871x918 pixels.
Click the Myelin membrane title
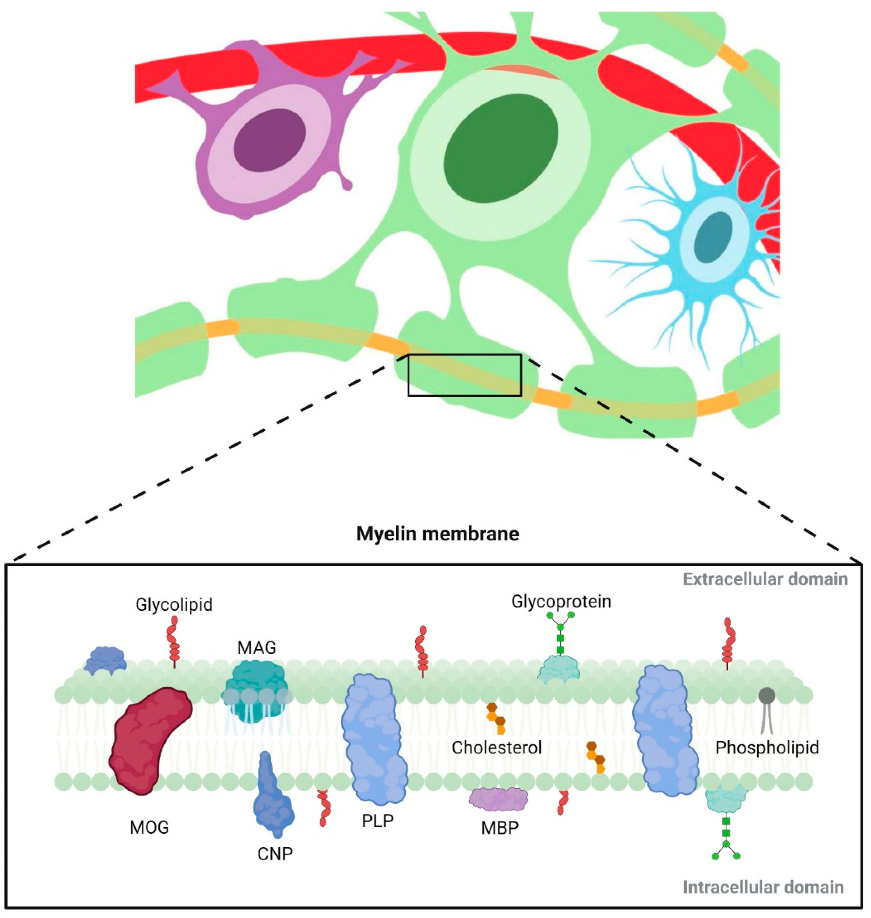point(437,534)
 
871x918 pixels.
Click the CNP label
point(275,853)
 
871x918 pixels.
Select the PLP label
point(377,821)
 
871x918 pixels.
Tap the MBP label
point(499,828)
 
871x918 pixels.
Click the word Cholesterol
point(497,747)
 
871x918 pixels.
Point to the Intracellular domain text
point(763,887)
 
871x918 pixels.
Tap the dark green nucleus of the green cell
point(500,149)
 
